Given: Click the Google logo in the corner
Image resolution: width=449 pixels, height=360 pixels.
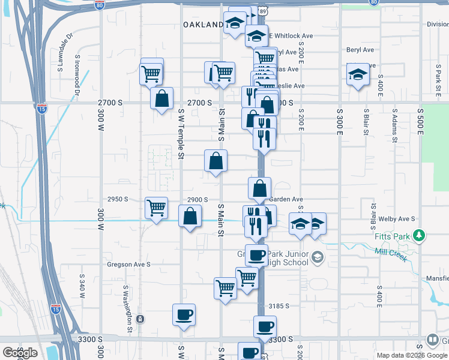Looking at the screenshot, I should pyautogui.click(x=19, y=353).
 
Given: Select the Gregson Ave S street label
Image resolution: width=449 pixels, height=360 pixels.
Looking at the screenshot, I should pyautogui.click(x=128, y=264).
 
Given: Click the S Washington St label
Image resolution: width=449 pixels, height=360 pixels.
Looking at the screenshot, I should pyautogui.click(x=128, y=308).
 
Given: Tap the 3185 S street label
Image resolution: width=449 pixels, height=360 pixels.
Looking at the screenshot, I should pyautogui.click(x=279, y=305).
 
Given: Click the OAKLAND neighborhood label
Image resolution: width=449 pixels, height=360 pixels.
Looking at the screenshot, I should pyautogui.click(x=203, y=25).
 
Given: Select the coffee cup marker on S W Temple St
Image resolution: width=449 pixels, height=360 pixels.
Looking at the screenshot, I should pyautogui.click(x=184, y=314).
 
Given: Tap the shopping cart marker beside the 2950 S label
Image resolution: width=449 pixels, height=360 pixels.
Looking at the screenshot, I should pyautogui.click(x=156, y=208).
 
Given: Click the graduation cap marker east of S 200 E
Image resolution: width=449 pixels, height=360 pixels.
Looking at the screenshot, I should pyautogui.click(x=358, y=75).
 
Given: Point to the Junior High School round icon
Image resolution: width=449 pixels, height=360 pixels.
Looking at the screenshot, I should pyautogui.click(x=317, y=259).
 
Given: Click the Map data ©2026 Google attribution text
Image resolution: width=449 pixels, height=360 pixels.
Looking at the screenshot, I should pyautogui.click(x=412, y=355).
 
